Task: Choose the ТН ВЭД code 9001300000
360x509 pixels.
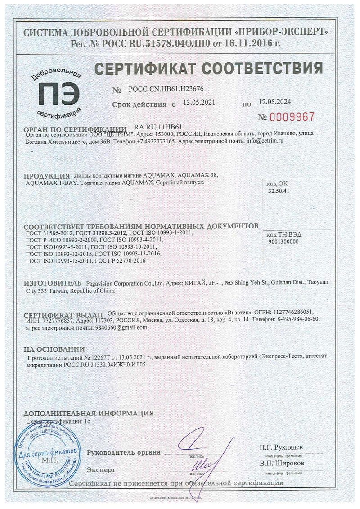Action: (283, 241)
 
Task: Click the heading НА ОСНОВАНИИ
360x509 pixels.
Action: (54, 348)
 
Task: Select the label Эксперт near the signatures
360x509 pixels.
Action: (101, 469)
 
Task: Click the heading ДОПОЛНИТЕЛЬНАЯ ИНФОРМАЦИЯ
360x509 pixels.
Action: (89, 413)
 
